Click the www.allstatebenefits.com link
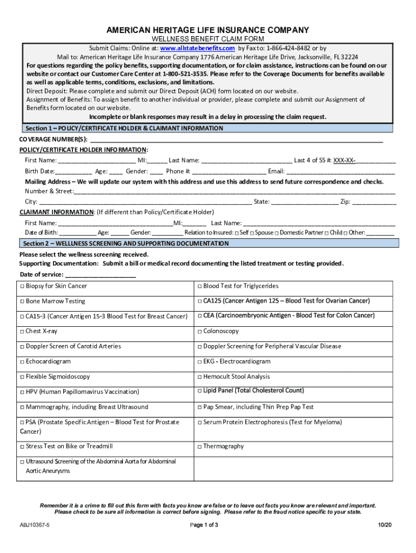(197, 48)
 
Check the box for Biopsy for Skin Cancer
(22, 286)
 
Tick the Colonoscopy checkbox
(200, 332)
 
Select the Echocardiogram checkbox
(22, 362)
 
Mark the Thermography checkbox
(200, 447)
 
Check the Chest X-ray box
(22, 332)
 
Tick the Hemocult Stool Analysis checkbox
(200, 377)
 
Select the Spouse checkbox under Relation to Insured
(252, 233)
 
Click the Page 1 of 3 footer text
(204, 525)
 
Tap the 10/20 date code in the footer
(384, 525)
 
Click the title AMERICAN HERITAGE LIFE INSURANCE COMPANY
(207, 30)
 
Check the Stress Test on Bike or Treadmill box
(22, 447)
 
